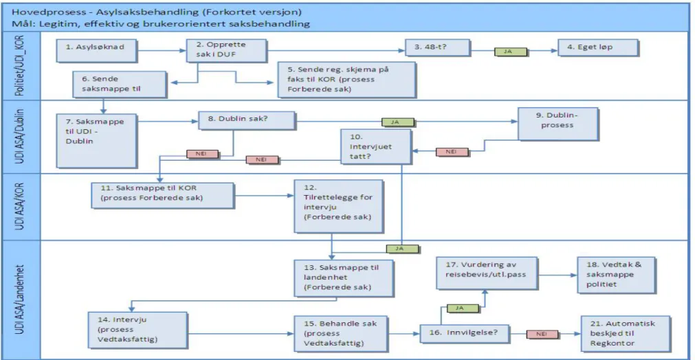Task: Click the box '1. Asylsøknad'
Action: (97, 51)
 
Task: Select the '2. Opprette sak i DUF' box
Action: (226, 50)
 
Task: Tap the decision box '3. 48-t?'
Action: (437, 47)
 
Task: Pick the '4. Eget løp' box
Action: (598, 48)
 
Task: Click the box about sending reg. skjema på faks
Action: (346, 80)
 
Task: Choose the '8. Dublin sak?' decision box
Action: (247, 120)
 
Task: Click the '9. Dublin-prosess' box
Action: (558, 124)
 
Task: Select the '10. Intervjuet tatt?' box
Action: (376, 147)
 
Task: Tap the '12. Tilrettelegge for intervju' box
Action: (339, 206)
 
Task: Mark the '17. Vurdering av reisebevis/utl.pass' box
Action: (487, 273)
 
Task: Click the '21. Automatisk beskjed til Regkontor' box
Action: (626, 334)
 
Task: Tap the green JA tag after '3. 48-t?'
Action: (511, 52)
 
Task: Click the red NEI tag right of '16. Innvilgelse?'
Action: (542, 334)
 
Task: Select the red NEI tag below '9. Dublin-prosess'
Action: (452, 152)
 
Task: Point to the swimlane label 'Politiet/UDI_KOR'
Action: (20, 65)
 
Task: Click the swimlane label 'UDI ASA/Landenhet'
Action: (20, 300)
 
